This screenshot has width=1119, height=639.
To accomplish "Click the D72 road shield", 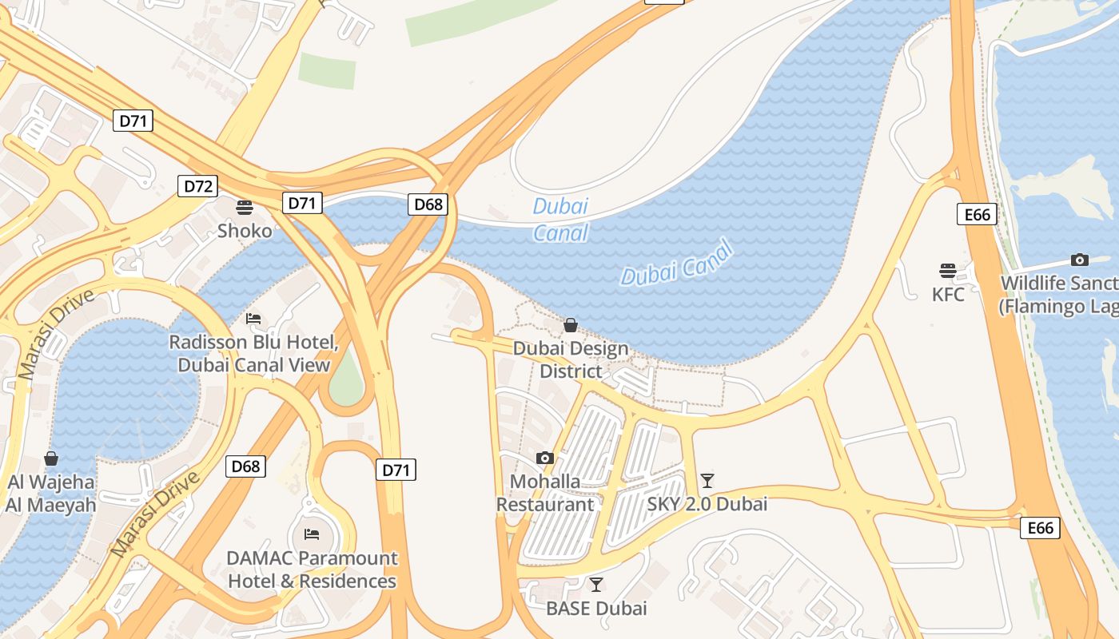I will (198, 186).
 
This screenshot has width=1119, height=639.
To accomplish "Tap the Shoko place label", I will (245, 231).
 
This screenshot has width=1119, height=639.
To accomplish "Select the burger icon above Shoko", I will (245, 208).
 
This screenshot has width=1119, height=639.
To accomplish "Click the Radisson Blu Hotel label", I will (253, 354).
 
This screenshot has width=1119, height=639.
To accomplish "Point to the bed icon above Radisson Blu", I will (253, 319).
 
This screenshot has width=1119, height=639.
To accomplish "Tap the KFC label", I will (948, 294).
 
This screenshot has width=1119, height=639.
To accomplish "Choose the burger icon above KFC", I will (948, 270).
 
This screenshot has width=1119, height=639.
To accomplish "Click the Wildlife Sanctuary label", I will (1059, 294).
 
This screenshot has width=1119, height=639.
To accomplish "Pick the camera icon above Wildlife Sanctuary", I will (1079, 260).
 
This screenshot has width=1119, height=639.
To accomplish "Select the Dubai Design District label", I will (571, 360).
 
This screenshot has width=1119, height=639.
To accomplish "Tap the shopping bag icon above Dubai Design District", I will (571, 325).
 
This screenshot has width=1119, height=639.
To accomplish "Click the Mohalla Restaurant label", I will (545, 493).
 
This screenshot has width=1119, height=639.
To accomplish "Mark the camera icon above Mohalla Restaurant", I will (545, 458).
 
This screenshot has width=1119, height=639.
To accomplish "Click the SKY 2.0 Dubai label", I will (707, 504).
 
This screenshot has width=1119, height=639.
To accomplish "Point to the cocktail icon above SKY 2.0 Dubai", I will (707, 480).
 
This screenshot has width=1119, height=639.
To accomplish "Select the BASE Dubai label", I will (596, 608).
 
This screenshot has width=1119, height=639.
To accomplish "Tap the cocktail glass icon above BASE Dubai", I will (596, 584).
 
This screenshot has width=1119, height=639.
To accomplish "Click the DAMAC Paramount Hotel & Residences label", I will (312, 569).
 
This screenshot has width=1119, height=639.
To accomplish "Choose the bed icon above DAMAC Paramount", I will (312, 534).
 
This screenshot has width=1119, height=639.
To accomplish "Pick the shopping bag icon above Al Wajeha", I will (51, 458).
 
